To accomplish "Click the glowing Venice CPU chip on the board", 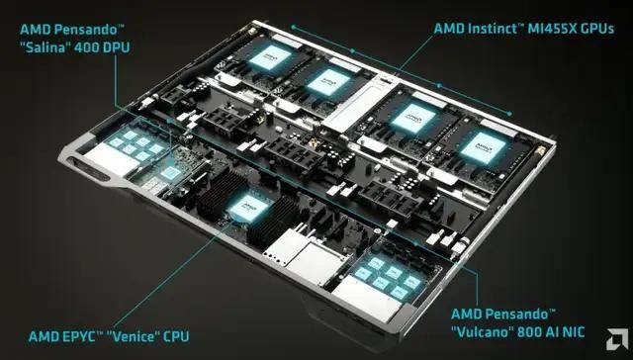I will pos(242,202).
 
